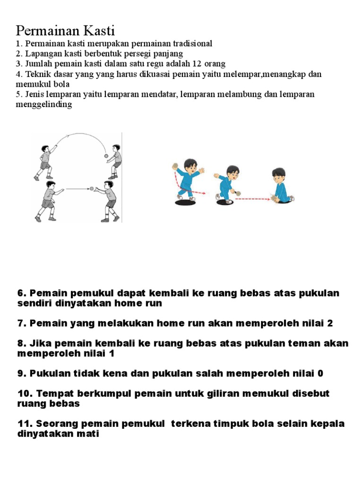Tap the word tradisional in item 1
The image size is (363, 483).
[190, 43]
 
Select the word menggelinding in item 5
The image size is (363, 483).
[44, 104]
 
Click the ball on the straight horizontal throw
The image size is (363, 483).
[92, 189]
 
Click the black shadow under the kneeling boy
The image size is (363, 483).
[283, 203]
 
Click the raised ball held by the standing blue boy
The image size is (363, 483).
[174, 166]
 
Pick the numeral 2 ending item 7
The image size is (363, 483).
[330, 323]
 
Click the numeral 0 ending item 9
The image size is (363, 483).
[320, 373]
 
